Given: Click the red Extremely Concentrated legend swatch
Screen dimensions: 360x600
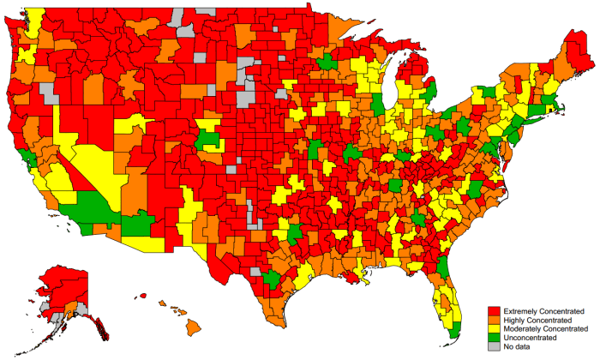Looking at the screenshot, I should click(x=493, y=310).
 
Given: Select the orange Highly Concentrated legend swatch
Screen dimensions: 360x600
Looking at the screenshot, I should click(x=493, y=320).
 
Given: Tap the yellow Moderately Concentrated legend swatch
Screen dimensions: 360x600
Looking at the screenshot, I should click(x=493, y=329).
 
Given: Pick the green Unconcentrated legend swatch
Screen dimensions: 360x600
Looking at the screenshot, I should click(x=493, y=339).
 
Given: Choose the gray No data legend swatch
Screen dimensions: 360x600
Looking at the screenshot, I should click(x=493, y=348).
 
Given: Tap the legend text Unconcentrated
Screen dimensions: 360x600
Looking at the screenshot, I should click(x=531, y=339).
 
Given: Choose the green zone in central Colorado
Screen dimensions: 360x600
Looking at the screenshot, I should click(x=208, y=139).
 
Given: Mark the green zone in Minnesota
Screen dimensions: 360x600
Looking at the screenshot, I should click(x=327, y=63).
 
